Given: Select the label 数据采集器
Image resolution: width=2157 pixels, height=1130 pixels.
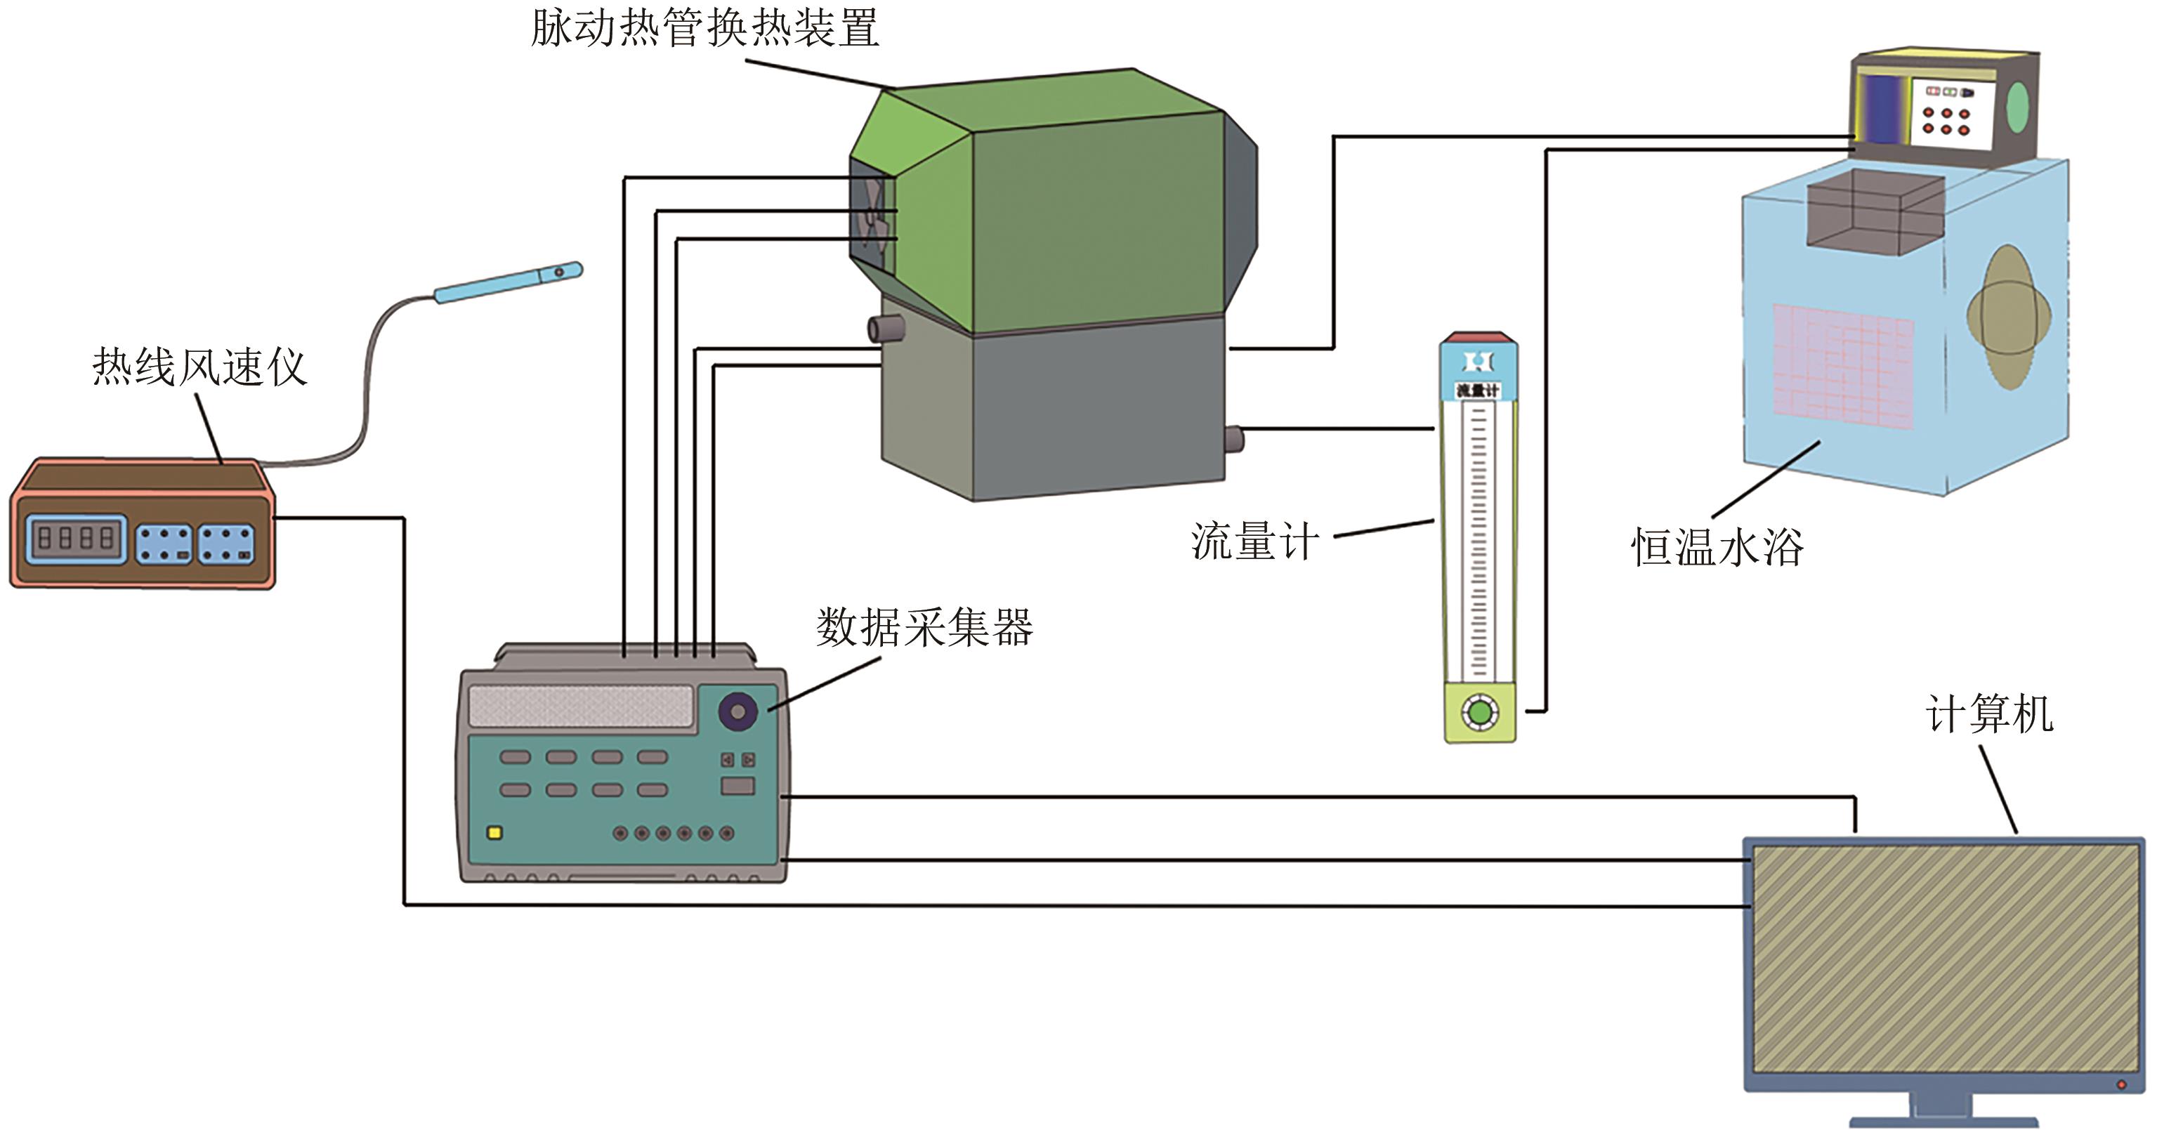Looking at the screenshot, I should tap(924, 627).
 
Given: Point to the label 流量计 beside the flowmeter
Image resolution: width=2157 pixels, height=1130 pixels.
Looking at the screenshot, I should tap(1254, 541).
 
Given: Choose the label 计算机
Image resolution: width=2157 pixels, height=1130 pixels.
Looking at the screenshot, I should tap(1988, 715).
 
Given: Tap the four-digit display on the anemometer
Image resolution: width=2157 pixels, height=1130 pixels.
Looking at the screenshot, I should tap(76, 538).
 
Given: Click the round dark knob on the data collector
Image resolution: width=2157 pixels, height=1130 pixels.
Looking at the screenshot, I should tap(737, 711).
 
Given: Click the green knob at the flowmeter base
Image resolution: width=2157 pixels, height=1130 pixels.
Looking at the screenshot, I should tap(1481, 712).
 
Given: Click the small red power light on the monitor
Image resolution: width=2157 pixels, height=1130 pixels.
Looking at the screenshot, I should tap(2121, 1085).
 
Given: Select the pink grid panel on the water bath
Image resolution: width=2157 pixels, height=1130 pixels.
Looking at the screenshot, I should tap(1842, 367).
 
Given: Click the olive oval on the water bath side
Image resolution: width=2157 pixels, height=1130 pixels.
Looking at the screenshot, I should tap(2008, 317).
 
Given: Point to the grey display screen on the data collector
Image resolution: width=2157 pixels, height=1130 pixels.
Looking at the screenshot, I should tap(580, 706).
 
